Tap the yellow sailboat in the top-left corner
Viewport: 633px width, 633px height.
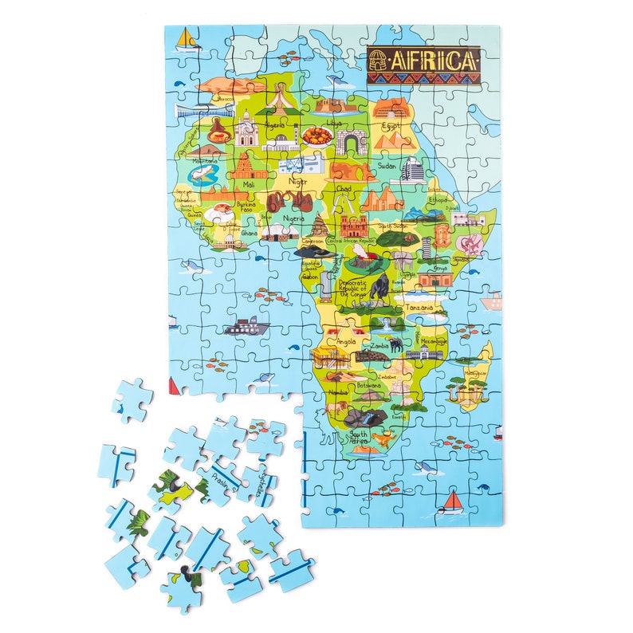[186, 39]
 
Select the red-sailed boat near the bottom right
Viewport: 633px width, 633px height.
[453, 501]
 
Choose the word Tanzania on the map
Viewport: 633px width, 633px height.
[419, 307]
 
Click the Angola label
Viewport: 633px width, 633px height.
[346, 341]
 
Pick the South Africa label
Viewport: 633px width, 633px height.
[359, 438]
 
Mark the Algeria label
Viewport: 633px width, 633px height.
[275, 125]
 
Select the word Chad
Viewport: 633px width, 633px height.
[344, 189]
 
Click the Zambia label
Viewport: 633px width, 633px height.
[379, 346]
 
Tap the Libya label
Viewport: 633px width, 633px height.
[334, 124]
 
